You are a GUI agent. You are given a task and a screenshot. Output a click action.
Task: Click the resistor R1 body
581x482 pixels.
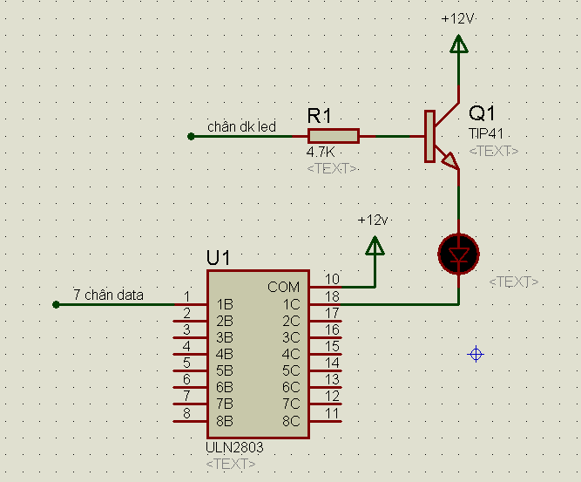click(x=334, y=136)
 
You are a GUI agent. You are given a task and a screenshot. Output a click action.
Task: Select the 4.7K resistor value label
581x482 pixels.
click(x=321, y=152)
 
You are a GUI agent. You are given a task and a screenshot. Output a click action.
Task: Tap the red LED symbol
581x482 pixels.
click(x=459, y=255)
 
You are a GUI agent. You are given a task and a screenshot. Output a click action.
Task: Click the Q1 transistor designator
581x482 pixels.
click(x=482, y=113)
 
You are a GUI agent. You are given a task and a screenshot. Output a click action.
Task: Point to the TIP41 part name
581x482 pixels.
click(x=486, y=133)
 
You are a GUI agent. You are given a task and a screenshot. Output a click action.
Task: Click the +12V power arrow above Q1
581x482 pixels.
click(x=459, y=44)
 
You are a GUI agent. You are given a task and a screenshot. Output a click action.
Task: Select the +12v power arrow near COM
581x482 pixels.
click(x=375, y=246)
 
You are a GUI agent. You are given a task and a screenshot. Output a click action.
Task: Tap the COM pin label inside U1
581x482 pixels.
click(x=283, y=287)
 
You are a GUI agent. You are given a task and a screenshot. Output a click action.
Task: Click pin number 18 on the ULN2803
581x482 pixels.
click(x=332, y=296)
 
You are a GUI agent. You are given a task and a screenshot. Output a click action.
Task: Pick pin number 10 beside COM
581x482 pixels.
click(x=332, y=279)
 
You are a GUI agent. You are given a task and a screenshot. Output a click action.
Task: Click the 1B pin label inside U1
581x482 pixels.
click(x=225, y=304)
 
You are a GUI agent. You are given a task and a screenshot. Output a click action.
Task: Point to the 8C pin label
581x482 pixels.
click(x=291, y=421)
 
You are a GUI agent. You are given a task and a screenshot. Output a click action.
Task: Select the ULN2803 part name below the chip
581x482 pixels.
click(x=234, y=447)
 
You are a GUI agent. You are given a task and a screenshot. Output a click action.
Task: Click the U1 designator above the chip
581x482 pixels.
click(x=219, y=258)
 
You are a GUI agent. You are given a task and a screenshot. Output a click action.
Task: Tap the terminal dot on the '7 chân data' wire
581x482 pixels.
click(x=56, y=305)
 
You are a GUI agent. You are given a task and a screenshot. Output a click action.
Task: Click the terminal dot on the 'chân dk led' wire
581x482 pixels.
click(x=191, y=137)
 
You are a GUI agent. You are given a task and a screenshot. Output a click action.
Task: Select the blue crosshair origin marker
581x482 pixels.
click(x=476, y=355)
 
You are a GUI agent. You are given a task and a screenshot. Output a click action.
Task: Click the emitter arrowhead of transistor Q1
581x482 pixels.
click(x=450, y=160)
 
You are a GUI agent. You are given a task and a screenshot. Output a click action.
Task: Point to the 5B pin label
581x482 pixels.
click(x=225, y=370)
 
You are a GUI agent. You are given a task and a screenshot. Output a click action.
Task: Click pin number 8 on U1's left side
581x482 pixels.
click(x=186, y=413)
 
